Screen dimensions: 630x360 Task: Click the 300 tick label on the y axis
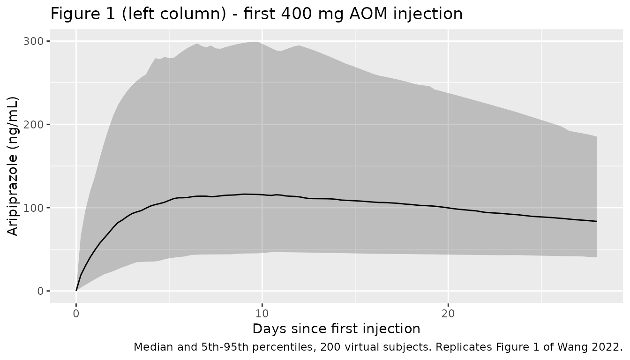click(33, 41)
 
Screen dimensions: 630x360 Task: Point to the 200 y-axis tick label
click(33, 124)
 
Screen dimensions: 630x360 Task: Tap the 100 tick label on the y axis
click(33, 208)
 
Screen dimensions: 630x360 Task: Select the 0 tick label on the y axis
click(40, 291)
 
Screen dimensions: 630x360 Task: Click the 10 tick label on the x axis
click(262, 314)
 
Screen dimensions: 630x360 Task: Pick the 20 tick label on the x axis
click(448, 314)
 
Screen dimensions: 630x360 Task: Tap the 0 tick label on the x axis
click(76, 314)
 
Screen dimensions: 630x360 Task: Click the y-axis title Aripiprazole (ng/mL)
click(12, 166)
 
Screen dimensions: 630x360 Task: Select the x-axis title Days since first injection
click(337, 329)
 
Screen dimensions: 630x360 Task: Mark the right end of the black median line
click(597, 221)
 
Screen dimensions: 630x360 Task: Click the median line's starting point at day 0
click(76, 291)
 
